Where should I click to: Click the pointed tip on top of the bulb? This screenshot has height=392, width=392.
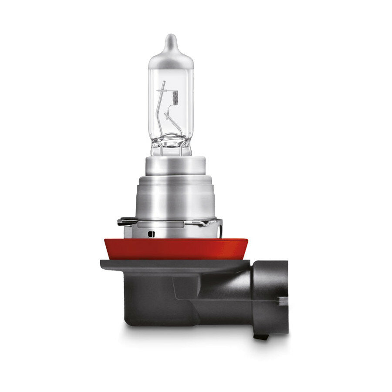(171, 38)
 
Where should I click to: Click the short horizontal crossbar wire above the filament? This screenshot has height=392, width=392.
(166, 90)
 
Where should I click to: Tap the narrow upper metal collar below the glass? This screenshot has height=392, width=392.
(175, 166)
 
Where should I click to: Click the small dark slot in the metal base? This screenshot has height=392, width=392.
(152, 234)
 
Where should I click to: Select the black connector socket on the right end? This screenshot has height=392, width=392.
(270, 296)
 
